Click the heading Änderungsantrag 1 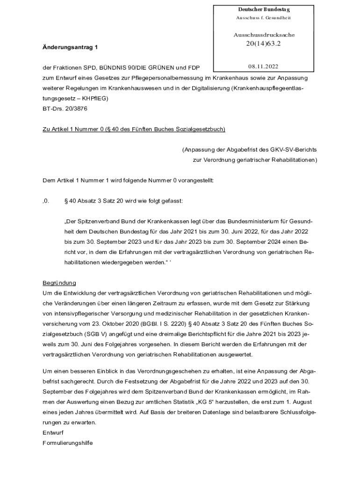pyautogui.click(x=70, y=47)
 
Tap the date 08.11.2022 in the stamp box pyautogui.click(x=263, y=67)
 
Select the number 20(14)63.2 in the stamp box pyautogui.click(x=263, y=44)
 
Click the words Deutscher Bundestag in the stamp pyautogui.click(x=264, y=9)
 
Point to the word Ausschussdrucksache pyautogui.click(x=264, y=35)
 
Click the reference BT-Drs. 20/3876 pyautogui.click(x=65, y=108)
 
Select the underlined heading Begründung pyautogui.click(x=59, y=283)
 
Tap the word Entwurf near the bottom pyautogui.click(x=53, y=432)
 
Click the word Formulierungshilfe pyautogui.click(x=67, y=442)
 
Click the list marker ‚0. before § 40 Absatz pyautogui.click(x=46, y=201)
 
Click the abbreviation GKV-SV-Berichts pyautogui.click(x=294, y=150)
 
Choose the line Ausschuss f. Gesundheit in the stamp pyautogui.click(x=263, y=18)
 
